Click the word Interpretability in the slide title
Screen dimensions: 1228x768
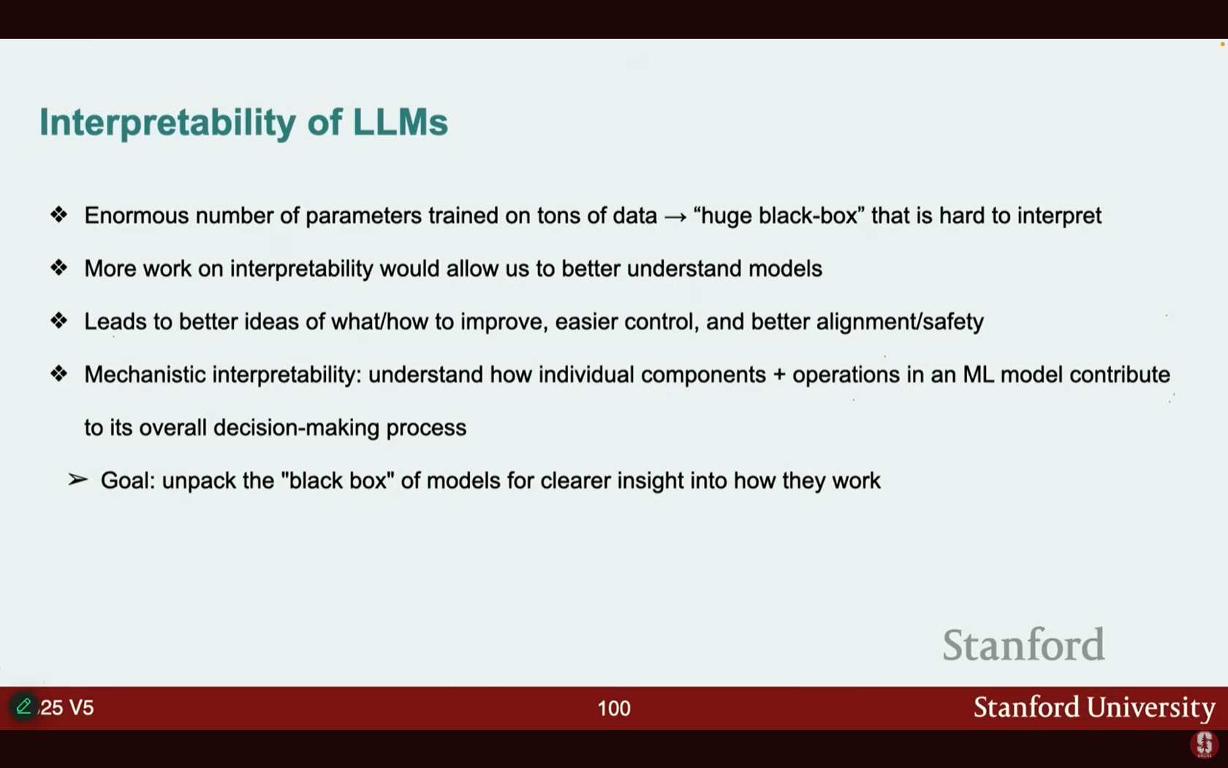tap(168, 122)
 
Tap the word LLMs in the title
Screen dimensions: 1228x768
tap(401, 121)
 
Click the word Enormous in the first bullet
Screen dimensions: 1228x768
tap(137, 216)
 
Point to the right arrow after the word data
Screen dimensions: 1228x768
tap(675, 217)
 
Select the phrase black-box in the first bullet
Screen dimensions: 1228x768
tap(808, 216)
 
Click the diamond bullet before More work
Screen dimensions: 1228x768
tap(58, 268)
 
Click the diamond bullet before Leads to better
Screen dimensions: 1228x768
tap(58, 320)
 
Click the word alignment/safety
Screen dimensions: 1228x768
tap(901, 322)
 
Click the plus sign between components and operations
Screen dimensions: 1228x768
tap(779, 375)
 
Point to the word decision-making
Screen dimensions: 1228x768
tap(296, 428)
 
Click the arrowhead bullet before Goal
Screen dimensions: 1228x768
tap(77, 480)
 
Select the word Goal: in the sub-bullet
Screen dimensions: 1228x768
tap(129, 481)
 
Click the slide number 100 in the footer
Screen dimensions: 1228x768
tap(614, 708)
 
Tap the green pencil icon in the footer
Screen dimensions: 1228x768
tap(23, 706)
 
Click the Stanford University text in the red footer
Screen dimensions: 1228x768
tap(1094, 708)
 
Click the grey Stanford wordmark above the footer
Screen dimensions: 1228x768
tap(1023, 644)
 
